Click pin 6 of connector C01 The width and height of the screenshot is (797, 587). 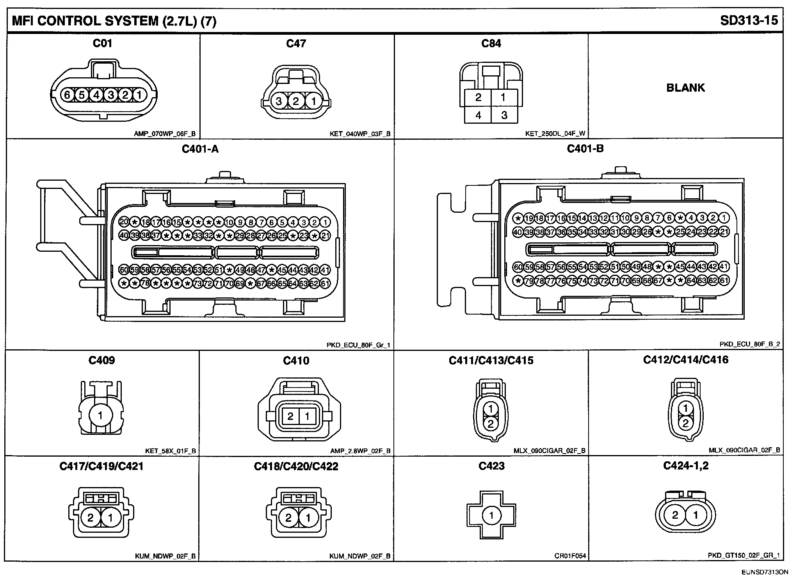pyautogui.click(x=67, y=95)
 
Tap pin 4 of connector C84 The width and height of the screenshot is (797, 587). pyautogui.click(x=478, y=115)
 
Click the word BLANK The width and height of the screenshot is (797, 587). pyautogui.click(x=685, y=87)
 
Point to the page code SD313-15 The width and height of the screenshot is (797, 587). pyautogui.click(x=749, y=20)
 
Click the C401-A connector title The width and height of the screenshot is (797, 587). pyautogui.click(x=200, y=149)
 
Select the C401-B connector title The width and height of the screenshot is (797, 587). pyautogui.click(x=585, y=148)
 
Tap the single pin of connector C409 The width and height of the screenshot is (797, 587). pyautogui.click(x=100, y=415)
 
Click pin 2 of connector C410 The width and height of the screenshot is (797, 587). pyautogui.click(x=290, y=416)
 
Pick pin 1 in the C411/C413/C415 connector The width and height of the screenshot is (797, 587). pyautogui.click(x=491, y=409)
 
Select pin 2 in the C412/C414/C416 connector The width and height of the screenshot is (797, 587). pyautogui.click(x=685, y=423)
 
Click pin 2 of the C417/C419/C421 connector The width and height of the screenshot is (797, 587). pyautogui.click(x=91, y=518)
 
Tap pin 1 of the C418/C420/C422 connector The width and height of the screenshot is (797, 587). pyautogui.click(x=308, y=518)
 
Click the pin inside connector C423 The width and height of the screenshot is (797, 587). pyautogui.click(x=491, y=516)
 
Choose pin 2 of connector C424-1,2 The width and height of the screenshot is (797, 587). pyautogui.click(x=675, y=515)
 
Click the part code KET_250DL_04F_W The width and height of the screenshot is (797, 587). pyautogui.click(x=555, y=133)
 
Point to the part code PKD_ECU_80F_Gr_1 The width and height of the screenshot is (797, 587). pyautogui.click(x=358, y=345)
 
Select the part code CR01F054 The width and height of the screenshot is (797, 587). pyautogui.click(x=570, y=556)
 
